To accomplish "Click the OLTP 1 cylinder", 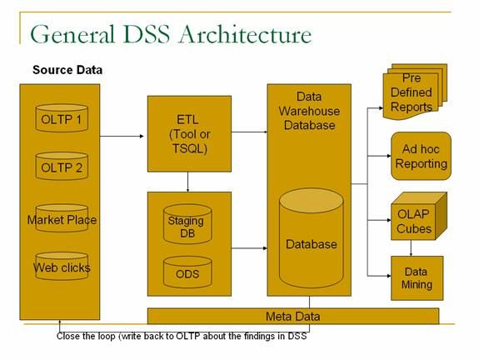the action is coord(62,118).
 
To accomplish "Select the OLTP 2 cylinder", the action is coord(62,166).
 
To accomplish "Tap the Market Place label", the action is coord(62,220).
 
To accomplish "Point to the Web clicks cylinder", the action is coord(62,266).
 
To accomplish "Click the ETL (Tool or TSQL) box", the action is coord(189,134).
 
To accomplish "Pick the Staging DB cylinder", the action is coord(187,224).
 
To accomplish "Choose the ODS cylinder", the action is coord(187,272).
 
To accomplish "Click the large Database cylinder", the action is coord(312,237).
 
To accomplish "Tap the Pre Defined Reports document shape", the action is coord(415,92).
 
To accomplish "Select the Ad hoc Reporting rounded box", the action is coord(421,156).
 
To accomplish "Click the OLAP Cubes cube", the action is coord(418,216).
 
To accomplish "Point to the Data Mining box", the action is coord(417,278).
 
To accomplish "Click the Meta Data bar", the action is coord(293,316).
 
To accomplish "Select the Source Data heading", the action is coord(67,70).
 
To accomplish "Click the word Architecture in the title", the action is coord(245,34).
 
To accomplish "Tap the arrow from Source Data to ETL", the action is coord(122,136).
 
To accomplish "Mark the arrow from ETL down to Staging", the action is coord(187,182).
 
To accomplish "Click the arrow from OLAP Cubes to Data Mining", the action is coord(411,248).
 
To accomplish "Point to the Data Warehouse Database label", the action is coord(309,111).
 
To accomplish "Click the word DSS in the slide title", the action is coord(147,34).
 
